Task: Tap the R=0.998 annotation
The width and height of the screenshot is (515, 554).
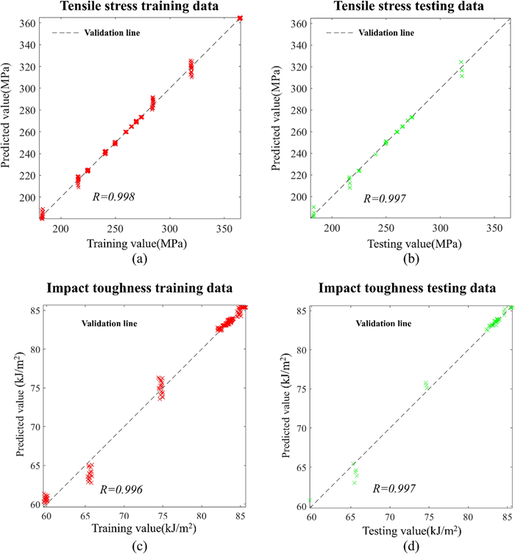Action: tap(113, 197)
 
